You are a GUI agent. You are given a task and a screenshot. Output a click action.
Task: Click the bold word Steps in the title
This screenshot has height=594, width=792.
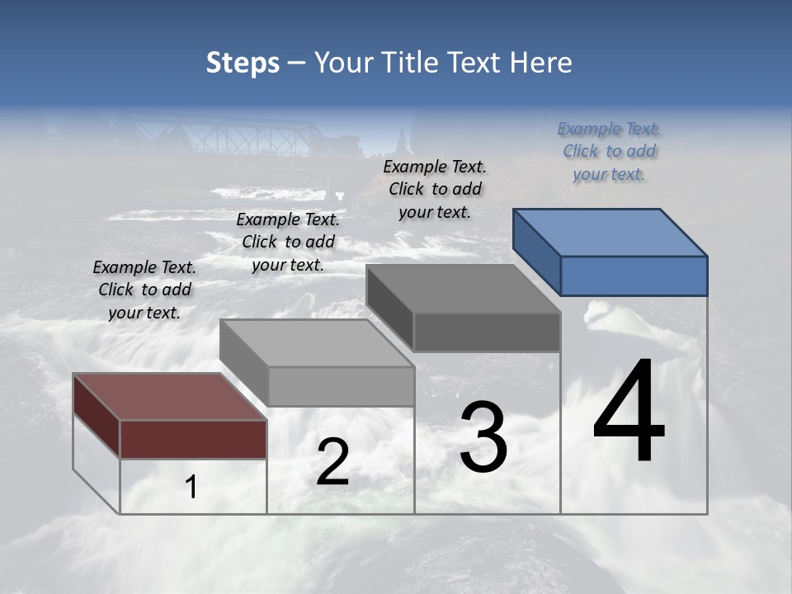pos(243,63)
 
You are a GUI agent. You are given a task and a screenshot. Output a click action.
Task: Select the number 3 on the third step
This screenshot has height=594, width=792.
pos(483,437)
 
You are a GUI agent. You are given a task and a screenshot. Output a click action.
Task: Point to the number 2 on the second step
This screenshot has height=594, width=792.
pos(332,462)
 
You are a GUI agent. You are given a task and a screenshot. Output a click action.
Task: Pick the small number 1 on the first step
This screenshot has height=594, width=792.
pos(191,488)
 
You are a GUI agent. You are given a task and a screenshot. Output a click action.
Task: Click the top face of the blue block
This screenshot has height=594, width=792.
pos(610,231)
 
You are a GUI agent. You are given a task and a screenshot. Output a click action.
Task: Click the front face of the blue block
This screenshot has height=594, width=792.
pos(634,276)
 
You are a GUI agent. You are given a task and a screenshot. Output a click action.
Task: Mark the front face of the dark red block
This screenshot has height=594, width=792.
pos(193,439)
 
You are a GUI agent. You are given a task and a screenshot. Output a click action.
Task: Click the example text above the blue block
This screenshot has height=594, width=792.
pos(609,151)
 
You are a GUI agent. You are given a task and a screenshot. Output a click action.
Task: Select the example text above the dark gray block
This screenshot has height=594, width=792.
pos(435,189)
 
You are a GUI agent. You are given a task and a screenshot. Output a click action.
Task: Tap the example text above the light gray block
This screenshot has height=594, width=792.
pos(288,242)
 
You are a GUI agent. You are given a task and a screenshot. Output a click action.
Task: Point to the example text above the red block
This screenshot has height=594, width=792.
pos(144,290)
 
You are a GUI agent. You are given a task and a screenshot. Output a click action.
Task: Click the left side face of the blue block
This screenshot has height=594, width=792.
pos(536,252)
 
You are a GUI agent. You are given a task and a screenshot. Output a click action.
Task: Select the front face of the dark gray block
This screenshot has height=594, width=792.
pos(487,332)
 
